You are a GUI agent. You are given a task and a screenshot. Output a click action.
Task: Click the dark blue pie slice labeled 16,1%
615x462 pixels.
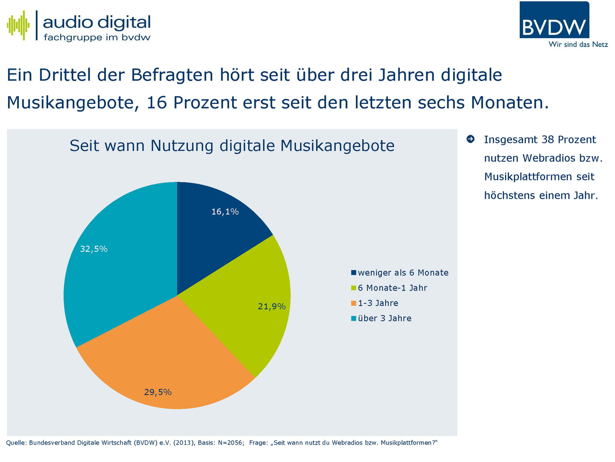pyautogui.click(x=215, y=231)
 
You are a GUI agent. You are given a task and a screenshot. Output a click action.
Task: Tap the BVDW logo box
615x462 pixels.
pyautogui.click(x=554, y=20)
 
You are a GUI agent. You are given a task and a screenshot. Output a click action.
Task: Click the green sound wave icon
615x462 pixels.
pyautogui.click(x=18, y=25)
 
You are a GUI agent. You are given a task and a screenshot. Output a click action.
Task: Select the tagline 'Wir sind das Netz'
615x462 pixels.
pyautogui.click(x=578, y=45)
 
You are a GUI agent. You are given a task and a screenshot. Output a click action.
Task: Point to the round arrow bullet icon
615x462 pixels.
pyautogui.click(x=470, y=139)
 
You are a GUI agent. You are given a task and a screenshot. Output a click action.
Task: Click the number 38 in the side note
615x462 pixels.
pyautogui.click(x=548, y=140)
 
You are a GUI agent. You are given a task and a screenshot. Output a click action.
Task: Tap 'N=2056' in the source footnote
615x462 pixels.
pyautogui.click(x=230, y=443)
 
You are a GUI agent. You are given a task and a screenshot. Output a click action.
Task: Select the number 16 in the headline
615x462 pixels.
pyautogui.click(x=157, y=103)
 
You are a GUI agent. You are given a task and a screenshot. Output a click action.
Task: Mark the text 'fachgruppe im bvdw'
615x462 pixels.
pyautogui.click(x=97, y=38)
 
